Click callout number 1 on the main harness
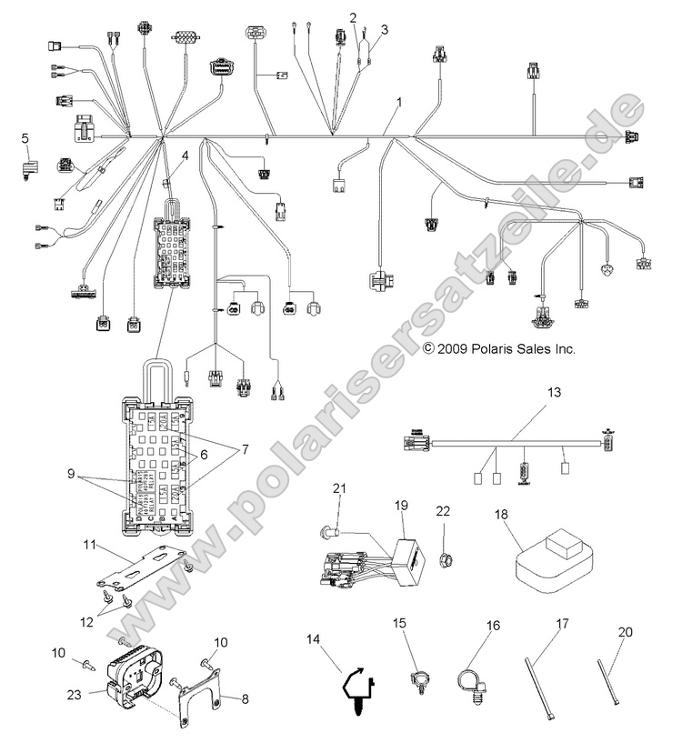pyautogui.click(x=397, y=104)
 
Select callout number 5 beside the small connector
pyautogui.click(x=25, y=138)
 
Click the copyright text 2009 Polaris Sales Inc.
pyautogui.click(x=500, y=348)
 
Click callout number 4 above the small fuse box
pyautogui.click(x=185, y=156)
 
